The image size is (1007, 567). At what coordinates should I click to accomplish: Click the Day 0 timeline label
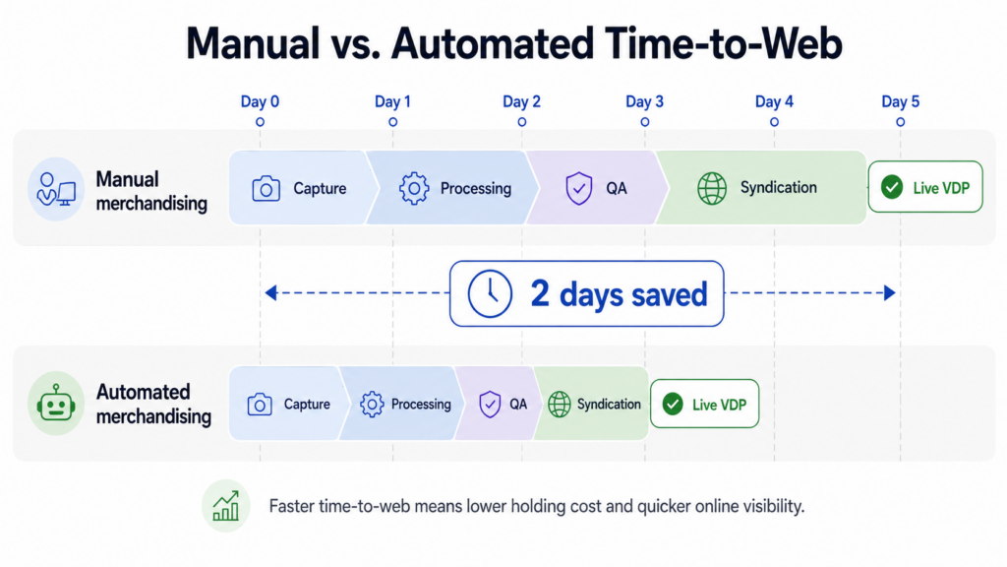[x=260, y=101]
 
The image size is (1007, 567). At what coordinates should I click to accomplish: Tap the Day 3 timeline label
[x=644, y=101]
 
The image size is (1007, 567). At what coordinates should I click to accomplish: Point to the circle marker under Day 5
[x=901, y=121]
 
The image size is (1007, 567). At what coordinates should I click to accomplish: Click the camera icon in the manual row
[x=266, y=188]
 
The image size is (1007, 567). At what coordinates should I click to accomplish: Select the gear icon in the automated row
[x=371, y=405]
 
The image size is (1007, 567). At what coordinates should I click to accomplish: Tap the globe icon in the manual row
[x=712, y=188]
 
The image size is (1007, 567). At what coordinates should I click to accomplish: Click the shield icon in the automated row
[x=490, y=405]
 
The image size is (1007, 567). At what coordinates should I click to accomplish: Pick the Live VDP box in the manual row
[x=925, y=187]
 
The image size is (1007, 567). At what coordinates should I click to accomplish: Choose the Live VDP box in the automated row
[x=704, y=404]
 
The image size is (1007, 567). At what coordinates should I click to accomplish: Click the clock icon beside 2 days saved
[x=490, y=293]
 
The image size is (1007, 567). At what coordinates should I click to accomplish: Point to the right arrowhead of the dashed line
[x=890, y=293]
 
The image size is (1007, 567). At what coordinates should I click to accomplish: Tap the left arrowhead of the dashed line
[x=271, y=293]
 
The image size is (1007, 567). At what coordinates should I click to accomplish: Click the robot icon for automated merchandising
[x=56, y=404]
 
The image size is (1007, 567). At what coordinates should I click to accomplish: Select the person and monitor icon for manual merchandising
[x=56, y=188]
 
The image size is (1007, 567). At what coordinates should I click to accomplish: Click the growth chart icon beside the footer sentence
[x=226, y=506]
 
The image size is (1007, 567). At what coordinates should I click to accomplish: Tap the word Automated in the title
[x=492, y=43]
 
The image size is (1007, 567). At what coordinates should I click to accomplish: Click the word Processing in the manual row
[x=476, y=188]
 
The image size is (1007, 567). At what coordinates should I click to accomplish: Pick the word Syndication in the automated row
[x=609, y=405]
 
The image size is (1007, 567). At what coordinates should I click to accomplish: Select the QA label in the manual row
[x=617, y=188]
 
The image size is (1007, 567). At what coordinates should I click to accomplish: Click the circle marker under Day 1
[x=393, y=121]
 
